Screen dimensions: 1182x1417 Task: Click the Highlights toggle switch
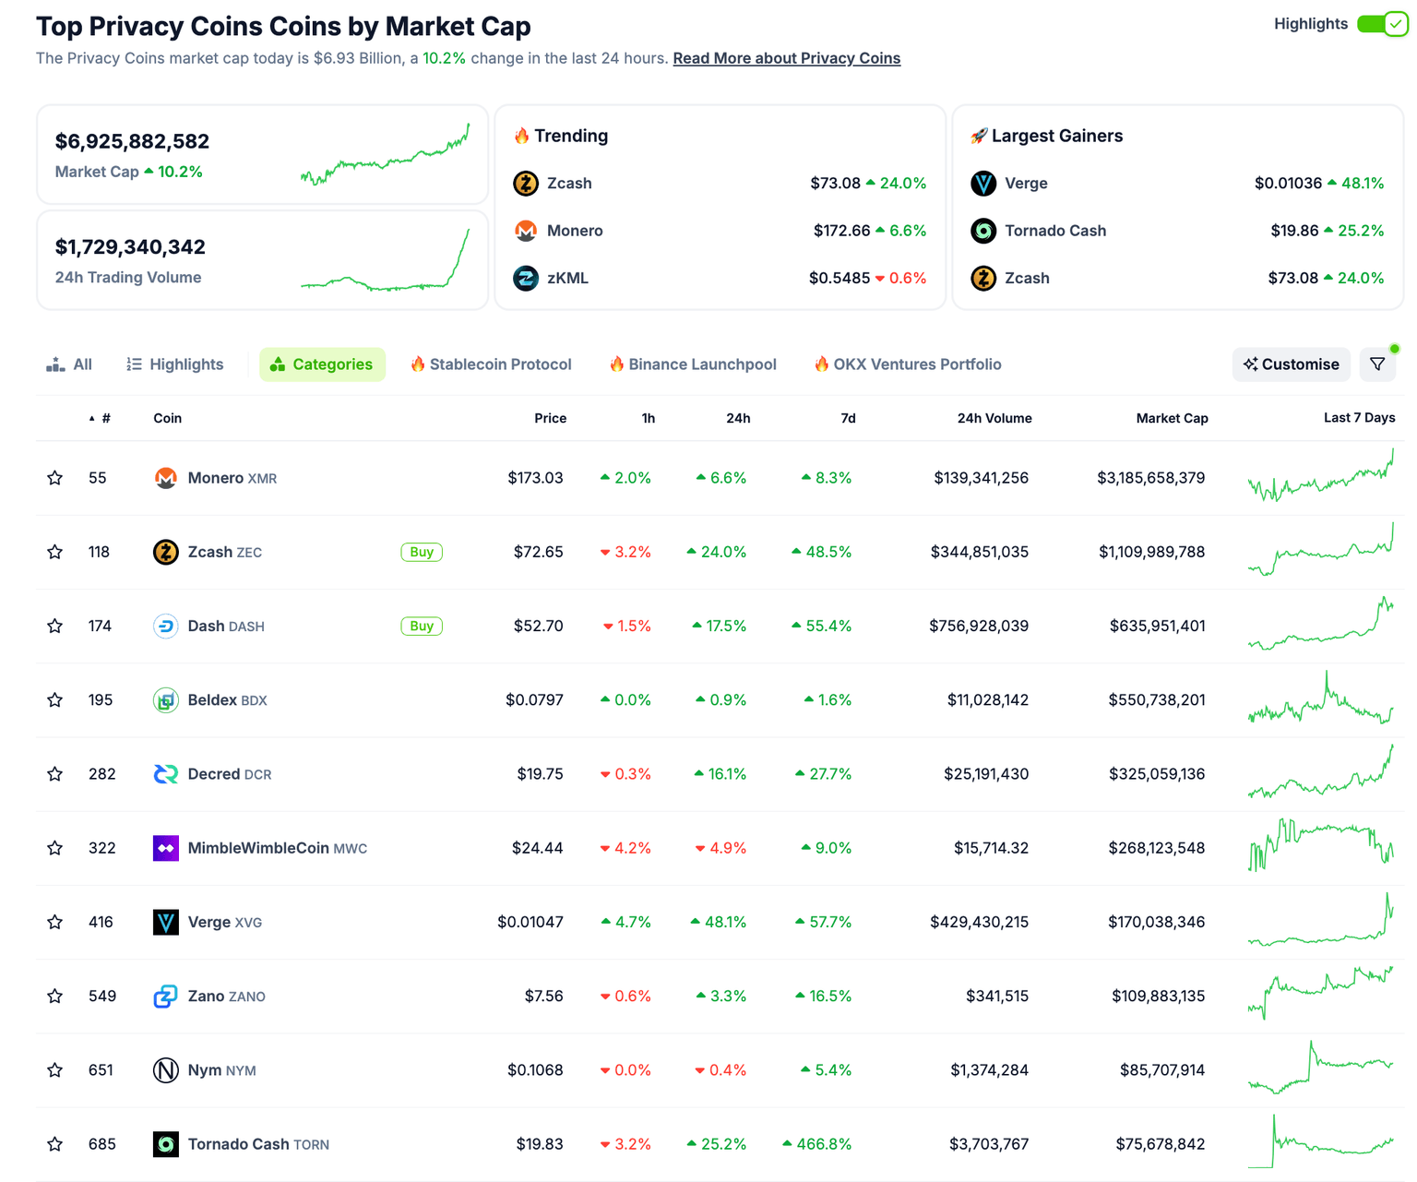[x=1381, y=24]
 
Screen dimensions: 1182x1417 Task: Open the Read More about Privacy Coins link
[x=786, y=58]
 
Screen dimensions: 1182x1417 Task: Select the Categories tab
[x=322, y=364]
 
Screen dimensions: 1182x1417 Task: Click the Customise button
[x=1291, y=364]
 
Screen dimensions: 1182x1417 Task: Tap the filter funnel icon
[x=1377, y=364]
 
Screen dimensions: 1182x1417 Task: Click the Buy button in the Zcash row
[x=422, y=552]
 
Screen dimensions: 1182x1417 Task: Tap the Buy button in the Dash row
[x=422, y=626]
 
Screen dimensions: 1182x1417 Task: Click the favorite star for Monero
[x=55, y=478]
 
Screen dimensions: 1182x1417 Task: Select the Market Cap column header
[x=1172, y=418]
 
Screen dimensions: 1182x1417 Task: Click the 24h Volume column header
[x=994, y=418]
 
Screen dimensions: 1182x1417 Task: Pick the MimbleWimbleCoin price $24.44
[x=537, y=848]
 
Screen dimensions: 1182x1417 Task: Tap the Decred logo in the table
[x=166, y=774]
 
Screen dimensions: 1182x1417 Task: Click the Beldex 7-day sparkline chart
[x=1320, y=700]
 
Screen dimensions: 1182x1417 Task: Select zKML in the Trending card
[x=566, y=278]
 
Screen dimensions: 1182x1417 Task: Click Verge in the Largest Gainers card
[x=1025, y=183]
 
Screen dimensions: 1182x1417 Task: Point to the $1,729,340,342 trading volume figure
[x=130, y=246]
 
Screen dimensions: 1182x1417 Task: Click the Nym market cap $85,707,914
[x=1161, y=1070]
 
